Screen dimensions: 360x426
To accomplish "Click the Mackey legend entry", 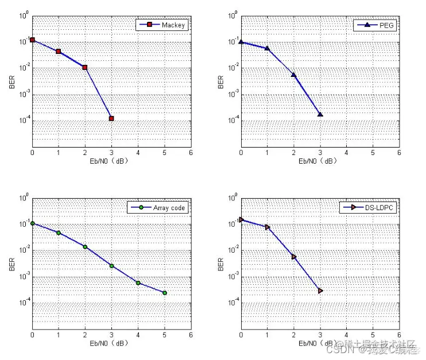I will [x=162, y=25].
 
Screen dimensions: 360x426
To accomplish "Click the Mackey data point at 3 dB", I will [x=111, y=118].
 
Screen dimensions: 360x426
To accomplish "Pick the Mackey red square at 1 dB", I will [x=59, y=52].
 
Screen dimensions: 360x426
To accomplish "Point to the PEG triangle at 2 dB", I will [x=294, y=75].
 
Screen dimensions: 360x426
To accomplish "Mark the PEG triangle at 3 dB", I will [x=320, y=115].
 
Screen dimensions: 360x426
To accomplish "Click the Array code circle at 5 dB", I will [x=164, y=293].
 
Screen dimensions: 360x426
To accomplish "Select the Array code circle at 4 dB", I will [x=138, y=283].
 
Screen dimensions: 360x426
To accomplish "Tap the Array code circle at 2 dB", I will [x=85, y=247].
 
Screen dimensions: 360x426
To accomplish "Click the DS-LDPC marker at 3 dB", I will [x=320, y=291].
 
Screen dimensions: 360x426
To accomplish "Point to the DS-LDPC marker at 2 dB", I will [x=294, y=257].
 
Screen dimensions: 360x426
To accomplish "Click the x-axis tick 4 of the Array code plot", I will [x=138, y=335].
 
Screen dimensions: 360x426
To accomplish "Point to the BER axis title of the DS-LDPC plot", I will [x=221, y=264].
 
